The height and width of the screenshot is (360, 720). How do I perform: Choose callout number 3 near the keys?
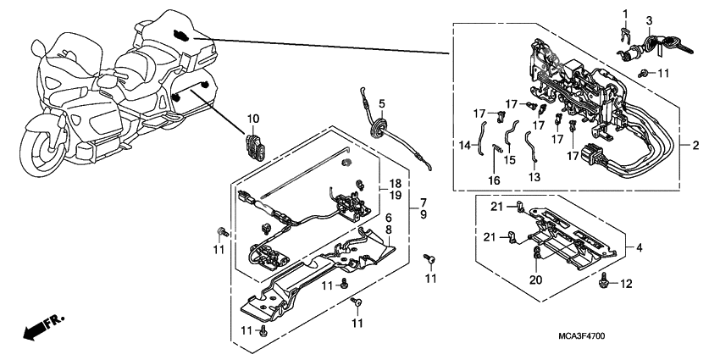pos(649,19)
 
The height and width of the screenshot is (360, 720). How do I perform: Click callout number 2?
pos(695,147)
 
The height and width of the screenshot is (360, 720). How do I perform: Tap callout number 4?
pos(639,248)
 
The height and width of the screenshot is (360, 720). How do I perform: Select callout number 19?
pos(394,195)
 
